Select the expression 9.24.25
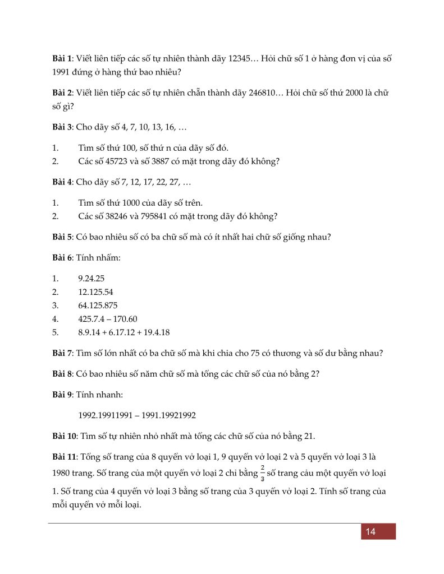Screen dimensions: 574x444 coord(93,278)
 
